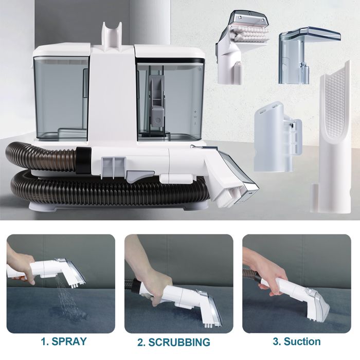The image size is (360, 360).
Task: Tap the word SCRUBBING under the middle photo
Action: click(x=181, y=342)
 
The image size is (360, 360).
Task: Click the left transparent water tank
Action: click(x=61, y=98)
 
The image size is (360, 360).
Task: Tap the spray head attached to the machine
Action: click(x=231, y=175)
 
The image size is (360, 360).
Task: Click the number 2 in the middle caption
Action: click(x=140, y=342)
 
